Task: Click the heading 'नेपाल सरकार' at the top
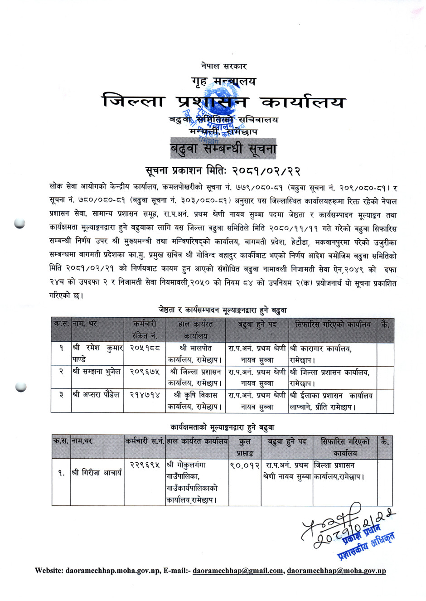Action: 223,66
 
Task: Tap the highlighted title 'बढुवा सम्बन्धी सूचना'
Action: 223,149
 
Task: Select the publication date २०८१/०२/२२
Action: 267,171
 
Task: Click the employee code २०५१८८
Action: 145,349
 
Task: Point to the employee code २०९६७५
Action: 145,372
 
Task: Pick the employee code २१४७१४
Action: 145,395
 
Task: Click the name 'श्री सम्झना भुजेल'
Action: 97,372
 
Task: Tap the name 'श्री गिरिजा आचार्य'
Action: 97,473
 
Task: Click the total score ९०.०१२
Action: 245,465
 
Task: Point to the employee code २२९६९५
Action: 145,465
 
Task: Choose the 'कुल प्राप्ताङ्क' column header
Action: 245,446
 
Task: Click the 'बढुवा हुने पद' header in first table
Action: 257,325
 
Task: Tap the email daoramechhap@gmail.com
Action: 237,571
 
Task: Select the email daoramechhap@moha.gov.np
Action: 336,571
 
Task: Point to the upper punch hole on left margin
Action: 19,223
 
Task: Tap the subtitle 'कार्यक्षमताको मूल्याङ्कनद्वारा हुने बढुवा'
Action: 222,427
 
